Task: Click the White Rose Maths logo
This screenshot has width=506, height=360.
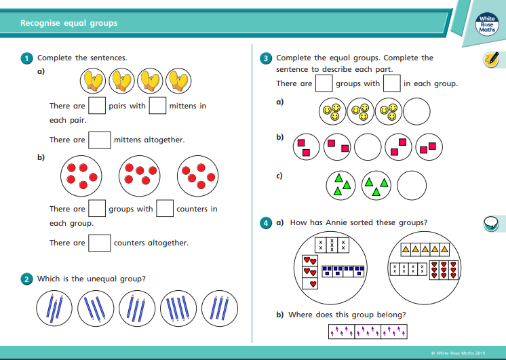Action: tap(487, 24)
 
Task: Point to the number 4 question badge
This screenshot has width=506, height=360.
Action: tap(267, 222)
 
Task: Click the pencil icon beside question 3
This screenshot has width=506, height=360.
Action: tap(490, 59)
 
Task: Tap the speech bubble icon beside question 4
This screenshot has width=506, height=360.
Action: tap(490, 222)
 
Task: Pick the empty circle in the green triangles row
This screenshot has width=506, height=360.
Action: tap(411, 184)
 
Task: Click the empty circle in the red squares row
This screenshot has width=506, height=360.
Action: tap(368, 145)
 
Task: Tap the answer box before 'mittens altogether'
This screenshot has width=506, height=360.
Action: tap(100, 140)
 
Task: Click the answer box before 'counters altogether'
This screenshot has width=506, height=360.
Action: tap(100, 243)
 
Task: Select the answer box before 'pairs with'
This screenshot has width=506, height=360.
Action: tap(97, 106)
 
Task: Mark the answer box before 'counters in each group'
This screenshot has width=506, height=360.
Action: tap(165, 209)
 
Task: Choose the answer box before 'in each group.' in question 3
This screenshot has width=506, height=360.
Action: tap(391, 83)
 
